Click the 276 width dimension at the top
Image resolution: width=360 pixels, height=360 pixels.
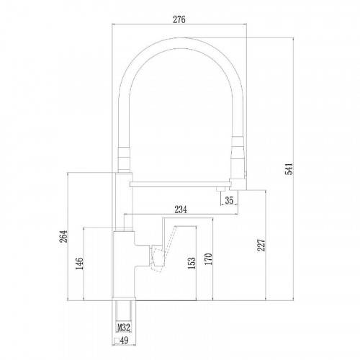(x=179, y=20)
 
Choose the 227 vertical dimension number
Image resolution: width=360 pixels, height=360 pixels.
(x=261, y=246)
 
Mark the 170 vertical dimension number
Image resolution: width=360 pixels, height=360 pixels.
(x=210, y=257)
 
